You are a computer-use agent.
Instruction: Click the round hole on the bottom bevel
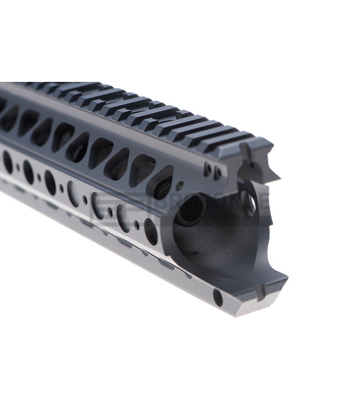218,299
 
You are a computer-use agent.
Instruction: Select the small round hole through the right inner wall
250,203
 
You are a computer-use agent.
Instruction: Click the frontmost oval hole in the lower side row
150,230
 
